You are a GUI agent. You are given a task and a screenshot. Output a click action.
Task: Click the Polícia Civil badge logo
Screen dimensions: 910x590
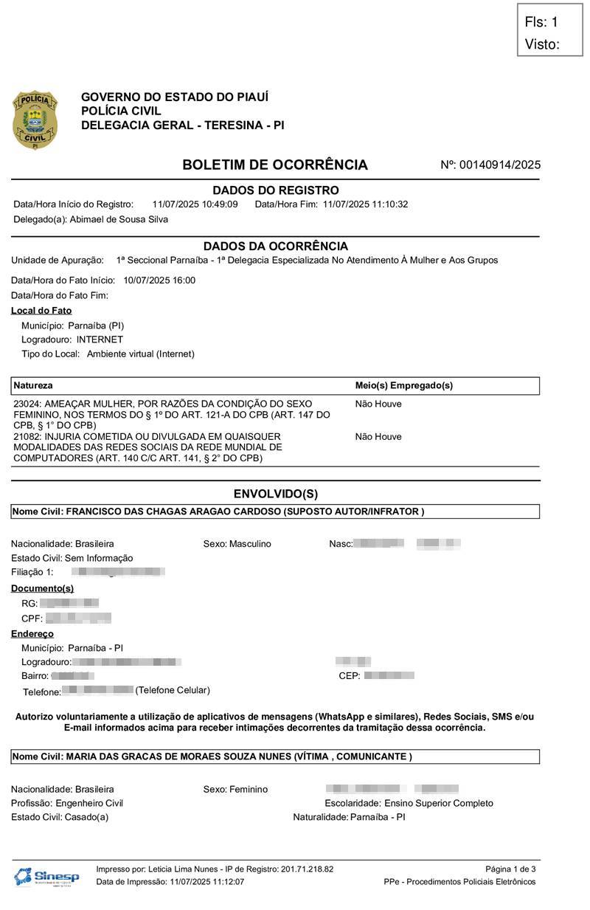34,120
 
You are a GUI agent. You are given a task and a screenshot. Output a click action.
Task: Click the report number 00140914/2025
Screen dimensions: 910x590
500,165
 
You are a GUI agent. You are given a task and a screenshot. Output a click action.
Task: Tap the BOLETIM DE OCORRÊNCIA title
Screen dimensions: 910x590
274,165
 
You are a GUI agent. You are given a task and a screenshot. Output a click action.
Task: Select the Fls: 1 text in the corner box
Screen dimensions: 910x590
541,22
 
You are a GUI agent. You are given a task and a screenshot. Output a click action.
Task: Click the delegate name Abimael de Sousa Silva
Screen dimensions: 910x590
119,219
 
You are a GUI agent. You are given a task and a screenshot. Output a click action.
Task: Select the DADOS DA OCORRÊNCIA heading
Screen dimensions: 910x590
275,246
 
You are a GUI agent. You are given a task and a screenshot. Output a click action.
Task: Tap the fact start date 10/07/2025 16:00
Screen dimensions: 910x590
159,280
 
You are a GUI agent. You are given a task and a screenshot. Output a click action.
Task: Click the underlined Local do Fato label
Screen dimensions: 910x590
41,311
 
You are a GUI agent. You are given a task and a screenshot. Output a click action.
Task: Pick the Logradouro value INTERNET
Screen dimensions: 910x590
100,339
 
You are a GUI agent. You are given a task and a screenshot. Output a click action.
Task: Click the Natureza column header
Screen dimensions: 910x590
33,386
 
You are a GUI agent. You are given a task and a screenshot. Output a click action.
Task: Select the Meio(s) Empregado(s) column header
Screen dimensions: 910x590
403,386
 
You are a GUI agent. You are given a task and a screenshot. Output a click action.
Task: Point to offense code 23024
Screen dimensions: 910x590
27,404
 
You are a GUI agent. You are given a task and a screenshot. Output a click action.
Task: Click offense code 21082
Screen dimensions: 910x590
27,437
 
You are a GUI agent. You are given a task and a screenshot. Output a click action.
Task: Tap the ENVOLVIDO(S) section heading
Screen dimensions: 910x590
275,494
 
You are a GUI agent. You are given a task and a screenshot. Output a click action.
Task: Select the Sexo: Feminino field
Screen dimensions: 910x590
235,789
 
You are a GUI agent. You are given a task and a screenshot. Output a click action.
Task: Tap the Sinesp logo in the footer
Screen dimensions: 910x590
46,876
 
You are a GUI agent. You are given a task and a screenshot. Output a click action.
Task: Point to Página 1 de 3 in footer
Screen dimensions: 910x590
510,869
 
